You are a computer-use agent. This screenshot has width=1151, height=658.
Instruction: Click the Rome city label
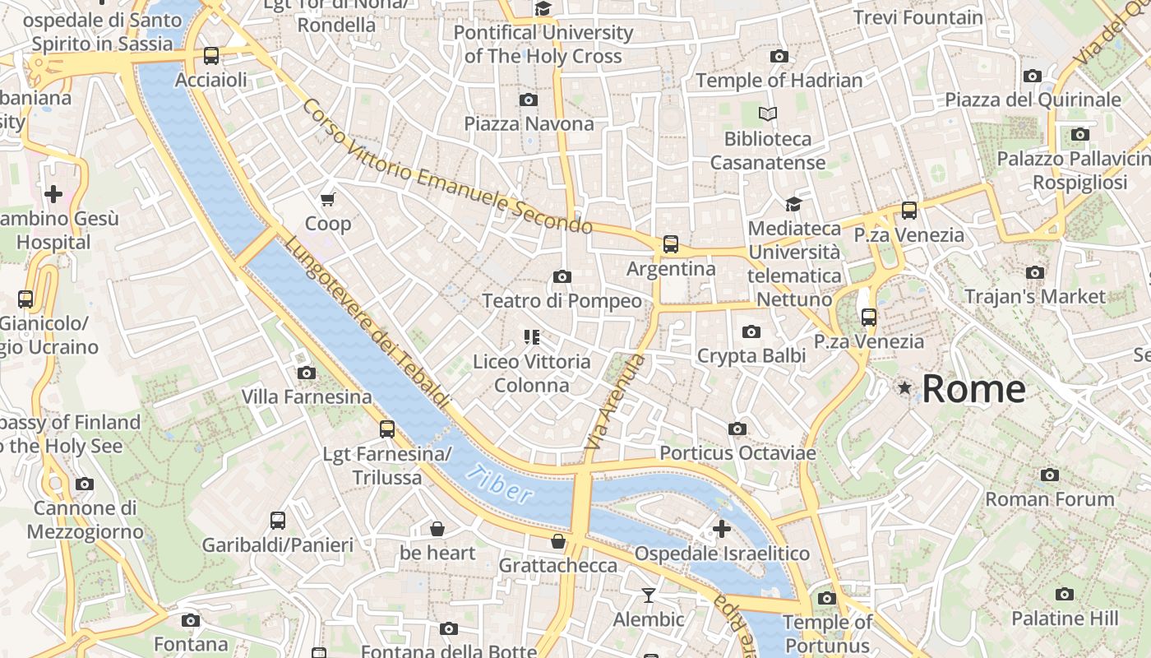pyautogui.click(x=973, y=389)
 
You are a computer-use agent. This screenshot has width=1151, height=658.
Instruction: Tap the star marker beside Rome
pyautogui.click(x=905, y=387)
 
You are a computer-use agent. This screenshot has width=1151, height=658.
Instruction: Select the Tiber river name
pyautogui.click(x=498, y=485)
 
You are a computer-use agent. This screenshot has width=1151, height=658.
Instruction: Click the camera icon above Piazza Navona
pyautogui.click(x=529, y=100)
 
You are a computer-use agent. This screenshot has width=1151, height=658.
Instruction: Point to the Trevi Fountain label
pyautogui.click(x=918, y=17)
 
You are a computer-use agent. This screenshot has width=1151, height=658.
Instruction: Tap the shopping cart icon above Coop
pyautogui.click(x=328, y=199)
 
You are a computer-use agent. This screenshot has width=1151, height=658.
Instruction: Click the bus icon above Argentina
pyautogui.click(x=671, y=244)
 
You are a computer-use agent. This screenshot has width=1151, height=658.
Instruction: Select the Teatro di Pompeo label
pyautogui.click(x=562, y=301)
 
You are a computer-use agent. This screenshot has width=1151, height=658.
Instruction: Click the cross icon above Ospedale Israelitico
pyautogui.click(x=722, y=529)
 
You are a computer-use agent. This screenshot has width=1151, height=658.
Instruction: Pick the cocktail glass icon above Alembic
pyautogui.click(x=649, y=595)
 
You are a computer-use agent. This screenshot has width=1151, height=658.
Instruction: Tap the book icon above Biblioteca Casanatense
pyautogui.click(x=768, y=114)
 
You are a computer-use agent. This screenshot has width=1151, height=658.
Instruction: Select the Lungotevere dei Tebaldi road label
pyautogui.click(x=367, y=322)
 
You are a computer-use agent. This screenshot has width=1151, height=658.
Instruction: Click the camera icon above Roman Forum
pyautogui.click(x=1049, y=475)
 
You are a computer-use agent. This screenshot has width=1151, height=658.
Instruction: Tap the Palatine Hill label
pyautogui.click(x=1064, y=619)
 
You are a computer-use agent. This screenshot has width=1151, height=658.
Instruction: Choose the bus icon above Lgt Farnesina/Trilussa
pyautogui.click(x=386, y=429)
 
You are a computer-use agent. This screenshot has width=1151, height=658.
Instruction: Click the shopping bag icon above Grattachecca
pyautogui.click(x=558, y=541)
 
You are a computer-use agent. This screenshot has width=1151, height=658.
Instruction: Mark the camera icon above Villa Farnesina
pyautogui.click(x=307, y=373)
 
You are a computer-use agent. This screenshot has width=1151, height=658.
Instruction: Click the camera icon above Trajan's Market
pyautogui.click(x=1035, y=273)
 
